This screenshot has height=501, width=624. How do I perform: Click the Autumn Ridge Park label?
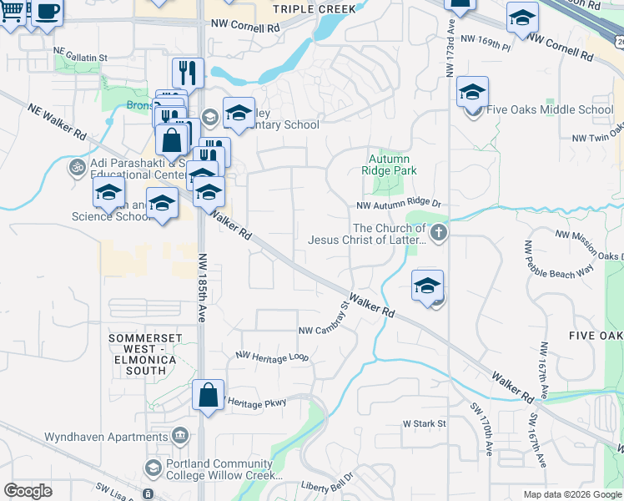389,164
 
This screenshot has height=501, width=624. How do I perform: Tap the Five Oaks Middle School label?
549,109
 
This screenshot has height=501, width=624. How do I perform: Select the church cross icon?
439,233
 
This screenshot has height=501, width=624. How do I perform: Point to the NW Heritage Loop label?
272,357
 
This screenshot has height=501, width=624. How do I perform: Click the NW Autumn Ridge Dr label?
398,204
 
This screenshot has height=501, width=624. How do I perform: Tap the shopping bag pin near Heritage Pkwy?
208,395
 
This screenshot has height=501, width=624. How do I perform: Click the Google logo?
28,491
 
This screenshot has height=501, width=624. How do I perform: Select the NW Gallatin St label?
81,58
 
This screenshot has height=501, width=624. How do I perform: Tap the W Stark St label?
425,423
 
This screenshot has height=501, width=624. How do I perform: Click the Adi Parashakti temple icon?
76,165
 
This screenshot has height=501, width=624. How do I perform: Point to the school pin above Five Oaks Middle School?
472,92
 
